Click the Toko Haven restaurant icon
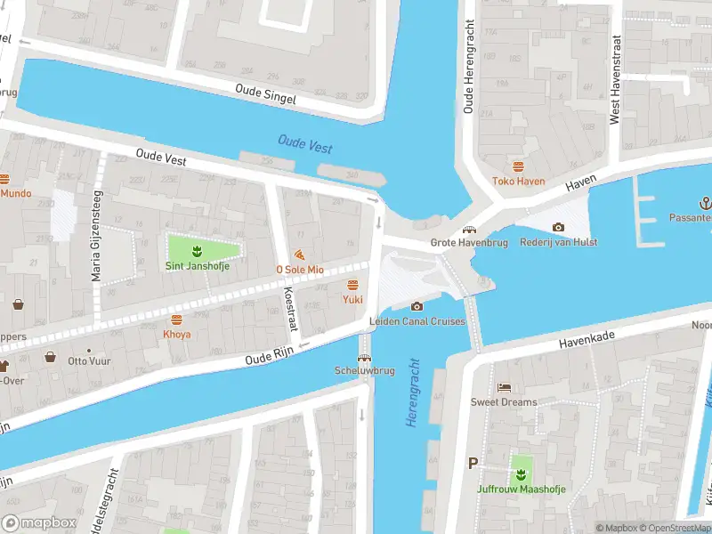pyautogui.click(x=518, y=166)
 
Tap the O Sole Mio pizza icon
pyautogui.click(x=299, y=255)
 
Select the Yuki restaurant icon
pyautogui.click(x=352, y=285)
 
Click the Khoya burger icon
pyautogui.click(x=176, y=319)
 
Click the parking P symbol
pyautogui.click(x=473, y=463)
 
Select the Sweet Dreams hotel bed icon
pyautogui.click(x=505, y=388)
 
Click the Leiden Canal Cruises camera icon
pyautogui.click(x=417, y=307)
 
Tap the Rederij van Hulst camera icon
pyautogui.click(x=558, y=228)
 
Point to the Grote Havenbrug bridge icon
pyautogui.click(x=467, y=230)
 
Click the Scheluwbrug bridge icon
pyautogui.click(x=364, y=357)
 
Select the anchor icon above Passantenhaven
pyautogui.click(x=706, y=202)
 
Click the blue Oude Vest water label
pyautogui.click(x=304, y=143)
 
